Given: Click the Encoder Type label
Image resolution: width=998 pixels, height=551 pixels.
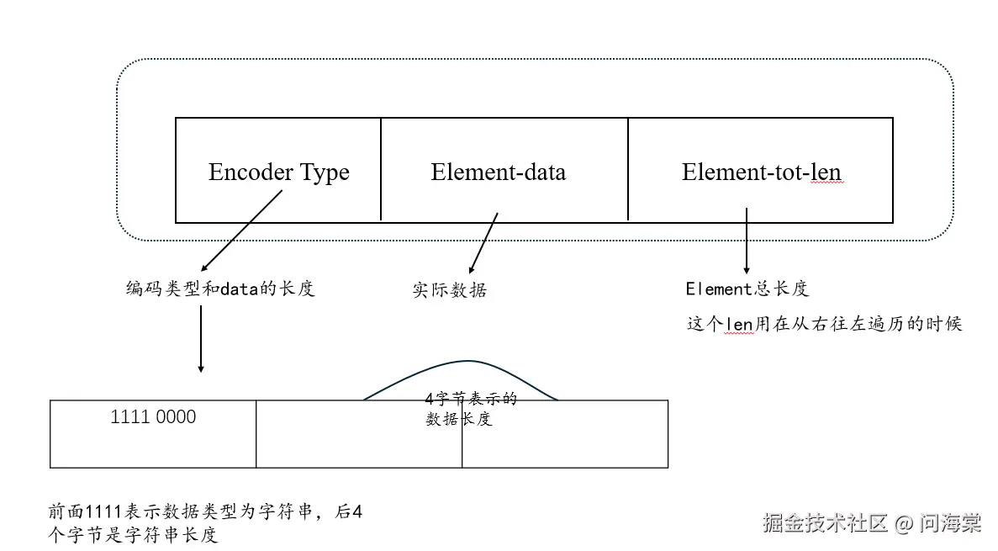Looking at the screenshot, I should click(x=278, y=173).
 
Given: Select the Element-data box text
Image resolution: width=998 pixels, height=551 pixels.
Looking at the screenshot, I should click(x=498, y=173).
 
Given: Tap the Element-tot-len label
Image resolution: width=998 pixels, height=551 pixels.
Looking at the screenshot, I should click(x=761, y=173).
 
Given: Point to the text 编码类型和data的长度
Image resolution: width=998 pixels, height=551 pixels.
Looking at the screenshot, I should click(x=219, y=289).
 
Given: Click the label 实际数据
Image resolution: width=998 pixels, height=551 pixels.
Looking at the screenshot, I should click(x=450, y=290).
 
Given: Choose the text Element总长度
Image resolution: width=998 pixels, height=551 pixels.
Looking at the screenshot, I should click(x=747, y=289).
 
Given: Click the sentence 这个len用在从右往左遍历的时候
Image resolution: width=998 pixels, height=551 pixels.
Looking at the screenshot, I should click(x=824, y=324).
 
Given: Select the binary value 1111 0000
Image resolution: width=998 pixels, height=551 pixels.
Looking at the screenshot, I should click(x=153, y=417).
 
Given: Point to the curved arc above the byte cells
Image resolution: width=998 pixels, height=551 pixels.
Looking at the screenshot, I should click(x=461, y=363).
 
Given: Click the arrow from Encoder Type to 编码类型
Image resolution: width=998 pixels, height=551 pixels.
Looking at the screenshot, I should click(x=240, y=230).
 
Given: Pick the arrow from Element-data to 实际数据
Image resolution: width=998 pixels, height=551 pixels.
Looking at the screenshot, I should click(x=483, y=241).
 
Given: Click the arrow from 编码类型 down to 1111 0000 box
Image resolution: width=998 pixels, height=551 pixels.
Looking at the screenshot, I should click(x=200, y=338).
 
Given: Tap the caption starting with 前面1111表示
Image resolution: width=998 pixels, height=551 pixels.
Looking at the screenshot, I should click(x=205, y=523).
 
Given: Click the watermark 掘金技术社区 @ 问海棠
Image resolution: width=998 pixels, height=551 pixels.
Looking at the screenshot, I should click(x=871, y=523).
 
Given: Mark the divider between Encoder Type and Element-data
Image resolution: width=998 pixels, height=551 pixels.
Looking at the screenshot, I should click(x=381, y=169).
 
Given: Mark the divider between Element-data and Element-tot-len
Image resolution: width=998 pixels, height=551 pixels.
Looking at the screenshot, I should click(x=628, y=169).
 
